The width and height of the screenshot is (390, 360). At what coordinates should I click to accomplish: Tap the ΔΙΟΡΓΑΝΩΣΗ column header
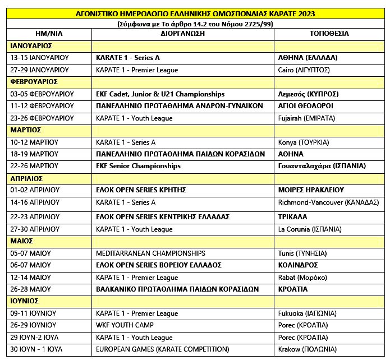(182, 34)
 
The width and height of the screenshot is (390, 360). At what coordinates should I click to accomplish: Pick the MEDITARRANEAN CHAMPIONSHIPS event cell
(151, 253)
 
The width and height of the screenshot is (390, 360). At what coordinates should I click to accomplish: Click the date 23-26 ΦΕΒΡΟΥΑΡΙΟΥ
(42, 118)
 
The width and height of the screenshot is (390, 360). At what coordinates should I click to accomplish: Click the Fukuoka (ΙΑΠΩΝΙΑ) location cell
(306, 313)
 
